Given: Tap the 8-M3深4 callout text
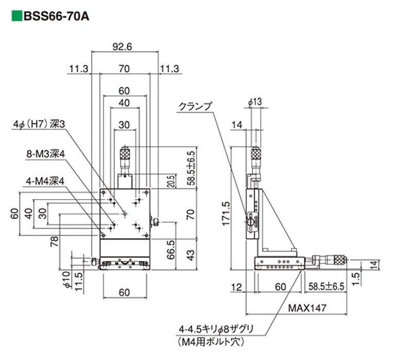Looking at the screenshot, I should pos(45,153).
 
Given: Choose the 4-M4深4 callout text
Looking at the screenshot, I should pos(45,181).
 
